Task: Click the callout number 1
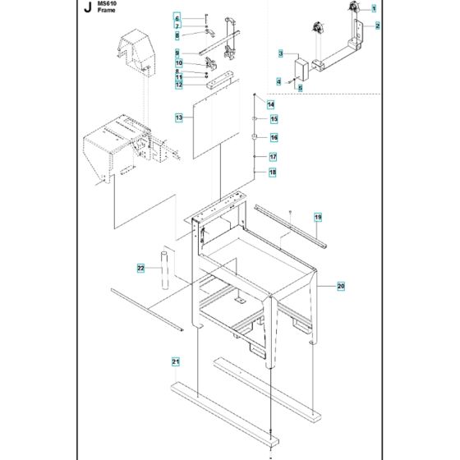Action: (373, 8)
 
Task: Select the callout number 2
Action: (377, 26)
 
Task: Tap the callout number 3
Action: (281, 54)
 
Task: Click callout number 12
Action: (178, 85)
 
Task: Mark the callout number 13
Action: (178, 118)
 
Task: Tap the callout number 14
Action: (270, 105)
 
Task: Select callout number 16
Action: (274, 137)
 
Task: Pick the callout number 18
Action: (273, 172)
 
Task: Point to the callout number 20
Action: (341, 286)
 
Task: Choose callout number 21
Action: (174, 361)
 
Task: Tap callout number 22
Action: (140, 267)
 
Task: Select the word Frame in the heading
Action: (106, 14)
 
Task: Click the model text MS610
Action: (106, 5)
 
